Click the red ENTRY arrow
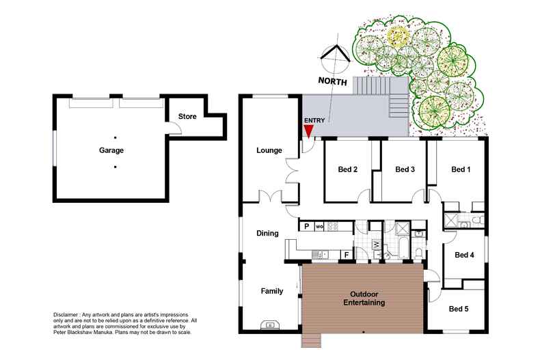[x=309, y=131]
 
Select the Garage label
[x=110, y=150]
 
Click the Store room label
[x=187, y=117]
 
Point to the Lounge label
[x=269, y=150]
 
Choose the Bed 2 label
[x=348, y=169]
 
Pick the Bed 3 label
[x=405, y=169]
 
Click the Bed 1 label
[x=461, y=169]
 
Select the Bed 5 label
[x=459, y=309]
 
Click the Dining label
[x=267, y=233]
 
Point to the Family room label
[x=271, y=291]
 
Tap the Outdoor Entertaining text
[x=364, y=298]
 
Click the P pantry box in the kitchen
[x=307, y=226]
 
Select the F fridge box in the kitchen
[x=347, y=255]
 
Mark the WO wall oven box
[x=319, y=226]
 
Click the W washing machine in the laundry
[x=376, y=244]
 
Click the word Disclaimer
[x=68, y=314]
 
